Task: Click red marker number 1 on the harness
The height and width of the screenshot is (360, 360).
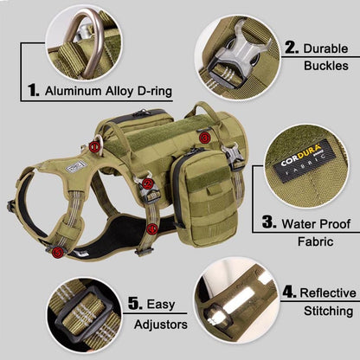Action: [x=94, y=147]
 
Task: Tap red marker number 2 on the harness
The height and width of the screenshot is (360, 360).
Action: [x=148, y=183]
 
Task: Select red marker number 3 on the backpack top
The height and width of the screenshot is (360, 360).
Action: [x=204, y=138]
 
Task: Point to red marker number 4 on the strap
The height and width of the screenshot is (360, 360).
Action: [x=151, y=229]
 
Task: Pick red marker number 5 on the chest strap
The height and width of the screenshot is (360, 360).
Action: [x=58, y=253]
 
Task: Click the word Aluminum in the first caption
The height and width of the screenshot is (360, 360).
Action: [x=73, y=91]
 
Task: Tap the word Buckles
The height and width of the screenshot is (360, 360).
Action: [x=326, y=66]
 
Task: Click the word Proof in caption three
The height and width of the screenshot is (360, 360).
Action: [x=335, y=224]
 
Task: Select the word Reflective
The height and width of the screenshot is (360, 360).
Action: [x=328, y=293]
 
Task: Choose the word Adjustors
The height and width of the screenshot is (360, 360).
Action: [x=161, y=325]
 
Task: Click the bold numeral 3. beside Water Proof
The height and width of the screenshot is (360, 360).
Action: [x=269, y=222]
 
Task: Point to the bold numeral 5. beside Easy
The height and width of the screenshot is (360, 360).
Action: [x=135, y=304]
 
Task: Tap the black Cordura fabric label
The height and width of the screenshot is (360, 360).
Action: [x=305, y=161]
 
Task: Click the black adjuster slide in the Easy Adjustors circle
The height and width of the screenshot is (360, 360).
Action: [x=83, y=314]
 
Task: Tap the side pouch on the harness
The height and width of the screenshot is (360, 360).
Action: [x=202, y=197]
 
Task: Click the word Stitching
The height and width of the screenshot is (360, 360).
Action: [x=328, y=312]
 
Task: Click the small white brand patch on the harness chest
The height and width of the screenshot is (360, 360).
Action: [x=76, y=167]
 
